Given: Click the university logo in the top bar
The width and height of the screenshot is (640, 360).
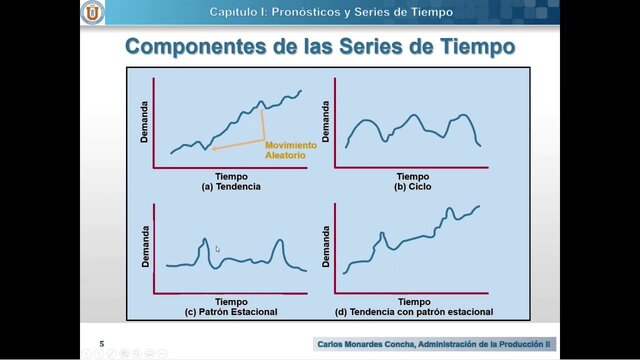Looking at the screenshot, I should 92,12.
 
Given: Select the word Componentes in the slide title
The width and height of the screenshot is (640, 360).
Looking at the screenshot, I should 190,46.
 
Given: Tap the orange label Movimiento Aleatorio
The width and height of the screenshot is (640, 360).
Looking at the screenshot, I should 290,150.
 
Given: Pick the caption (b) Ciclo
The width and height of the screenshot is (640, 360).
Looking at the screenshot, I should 412,187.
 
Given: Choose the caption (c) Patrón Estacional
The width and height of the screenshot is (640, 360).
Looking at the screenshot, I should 231,312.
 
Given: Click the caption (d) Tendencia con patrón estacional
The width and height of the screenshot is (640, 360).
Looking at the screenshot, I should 413,312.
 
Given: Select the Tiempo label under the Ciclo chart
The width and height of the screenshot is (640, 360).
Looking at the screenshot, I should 412,176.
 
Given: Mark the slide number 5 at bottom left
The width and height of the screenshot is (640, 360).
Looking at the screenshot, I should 101,342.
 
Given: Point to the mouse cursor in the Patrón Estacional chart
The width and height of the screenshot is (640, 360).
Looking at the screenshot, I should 218,250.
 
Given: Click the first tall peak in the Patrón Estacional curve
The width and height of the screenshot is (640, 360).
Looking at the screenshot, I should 205,240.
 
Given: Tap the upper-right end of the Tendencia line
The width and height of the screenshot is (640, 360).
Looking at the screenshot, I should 300,91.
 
